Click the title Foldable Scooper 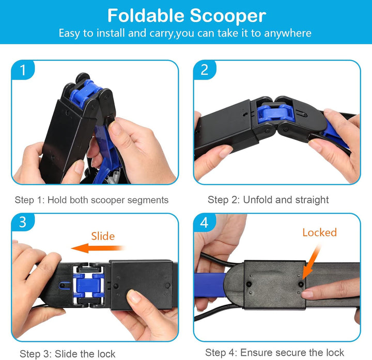[186, 15]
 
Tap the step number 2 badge [205, 69]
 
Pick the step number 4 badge [205, 222]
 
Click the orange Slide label [102, 236]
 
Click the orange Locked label [319, 232]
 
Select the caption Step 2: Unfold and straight [268, 200]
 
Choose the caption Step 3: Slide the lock [68, 354]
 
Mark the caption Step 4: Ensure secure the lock [274, 353]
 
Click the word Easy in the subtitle [70, 34]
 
